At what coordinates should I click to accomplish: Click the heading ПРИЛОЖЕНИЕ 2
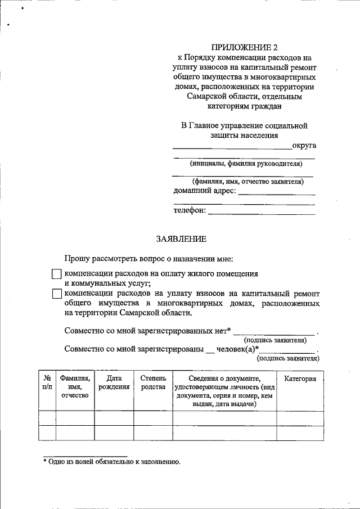click(244, 47)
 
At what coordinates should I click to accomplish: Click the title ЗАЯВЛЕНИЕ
click(181, 239)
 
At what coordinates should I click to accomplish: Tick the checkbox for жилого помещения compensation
click(56, 274)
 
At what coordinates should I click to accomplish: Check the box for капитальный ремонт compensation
click(56, 294)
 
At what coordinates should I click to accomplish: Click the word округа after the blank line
click(304, 146)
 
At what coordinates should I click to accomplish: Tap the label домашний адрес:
click(204, 191)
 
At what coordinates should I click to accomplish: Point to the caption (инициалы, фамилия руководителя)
click(246, 164)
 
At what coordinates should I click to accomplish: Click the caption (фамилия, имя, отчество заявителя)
click(247, 182)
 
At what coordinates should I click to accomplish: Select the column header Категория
click(300, 379)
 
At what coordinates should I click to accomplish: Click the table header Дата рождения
click(114, 383)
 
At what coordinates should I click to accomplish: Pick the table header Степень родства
click(152, 383)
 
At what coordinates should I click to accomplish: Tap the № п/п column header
click(47, 383)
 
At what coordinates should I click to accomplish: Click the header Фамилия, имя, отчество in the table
click(75, 387)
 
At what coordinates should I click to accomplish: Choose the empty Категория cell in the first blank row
click(300, 418)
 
